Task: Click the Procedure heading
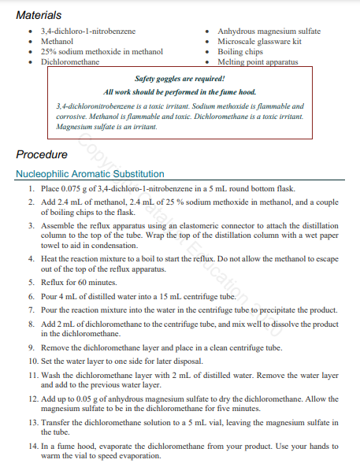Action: (42, 155)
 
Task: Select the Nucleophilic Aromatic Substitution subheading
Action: (90, 174)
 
